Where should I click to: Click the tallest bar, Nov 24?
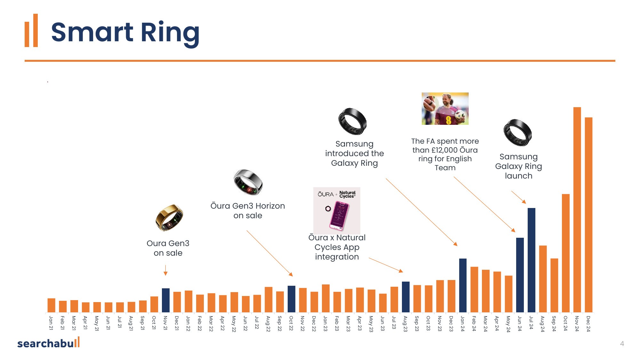(x=577, y=210)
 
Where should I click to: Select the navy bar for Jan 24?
(x=463, y=285)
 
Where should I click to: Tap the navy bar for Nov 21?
(x=165, y=300)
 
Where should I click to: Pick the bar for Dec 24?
(x=588, y=215)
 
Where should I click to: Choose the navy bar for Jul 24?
(x=531, y=260)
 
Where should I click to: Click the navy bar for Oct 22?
(x=291, y=299)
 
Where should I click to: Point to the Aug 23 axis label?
(x=405, y=324)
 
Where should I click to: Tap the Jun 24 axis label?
(x=520, y=323)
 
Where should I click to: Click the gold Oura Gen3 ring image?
(x=169, y=218)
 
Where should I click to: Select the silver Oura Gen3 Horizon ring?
(x=248, y=182)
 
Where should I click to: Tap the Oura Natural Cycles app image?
(x=337, y=210)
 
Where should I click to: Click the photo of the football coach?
(x=445, y=108)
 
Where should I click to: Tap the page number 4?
(x=622, y=344)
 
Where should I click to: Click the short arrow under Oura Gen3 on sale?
(x=165, y=270)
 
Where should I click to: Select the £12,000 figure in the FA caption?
(x=444, y=150)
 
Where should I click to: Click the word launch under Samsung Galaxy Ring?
(x=518, y=176)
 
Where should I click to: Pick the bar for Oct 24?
(x=565, y=253)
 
